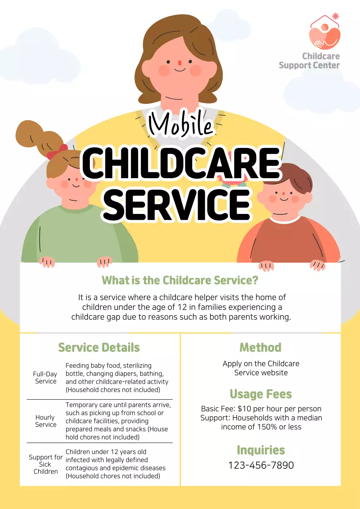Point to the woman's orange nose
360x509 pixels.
click(x=179, y=63)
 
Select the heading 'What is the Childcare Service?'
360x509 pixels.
click(x=180, y=280)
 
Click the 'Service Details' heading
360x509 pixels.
click(x=99, y=348)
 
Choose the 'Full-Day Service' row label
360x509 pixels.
click(x=45, y=378)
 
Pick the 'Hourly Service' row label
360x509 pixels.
click(x=45, y=421)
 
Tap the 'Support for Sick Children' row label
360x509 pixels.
click(x=45, y=464)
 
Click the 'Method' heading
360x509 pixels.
click(x=261, y=348)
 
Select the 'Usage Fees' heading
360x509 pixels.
click(x=261, y=394)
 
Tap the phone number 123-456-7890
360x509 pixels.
click(x=261, y=465)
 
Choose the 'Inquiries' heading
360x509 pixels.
click(x=261, y=450)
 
